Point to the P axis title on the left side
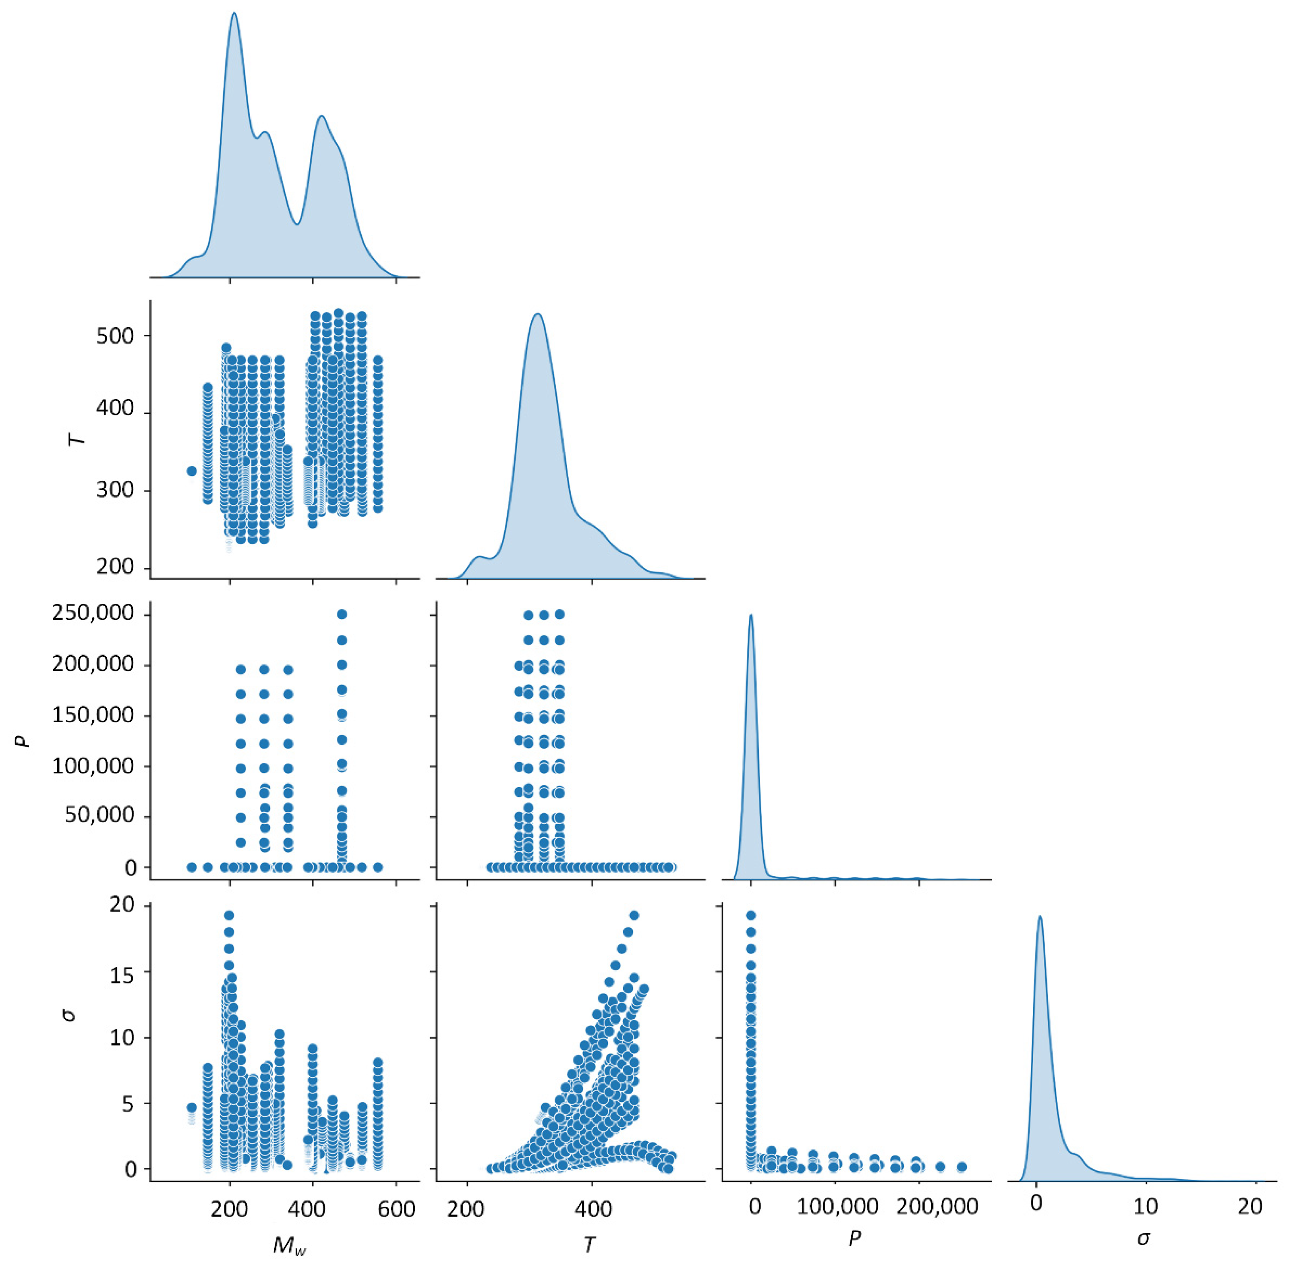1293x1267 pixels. coord(25,739)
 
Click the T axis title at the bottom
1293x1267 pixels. coord(589,1244)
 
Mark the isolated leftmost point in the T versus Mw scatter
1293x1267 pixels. coord(191,471)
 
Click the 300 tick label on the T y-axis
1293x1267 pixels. coord(114,491)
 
